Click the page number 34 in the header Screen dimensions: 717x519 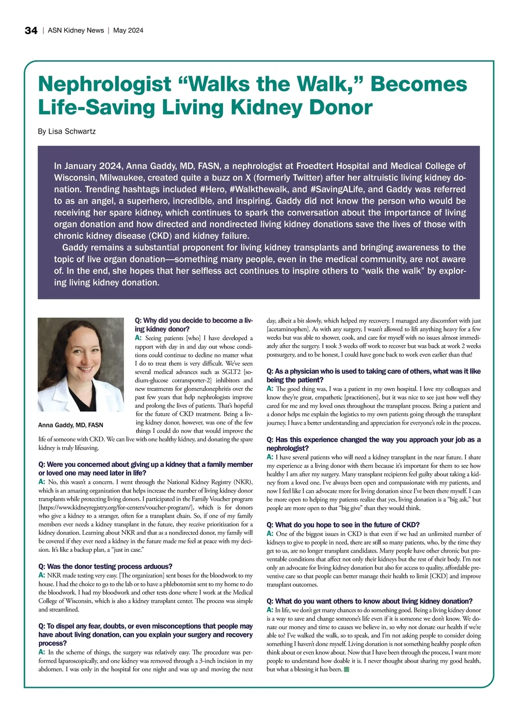pos(31,30)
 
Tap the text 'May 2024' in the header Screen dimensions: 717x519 pos(128,30)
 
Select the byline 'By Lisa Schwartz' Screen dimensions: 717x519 pos(67,131)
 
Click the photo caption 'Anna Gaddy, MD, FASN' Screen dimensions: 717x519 pos(70,425)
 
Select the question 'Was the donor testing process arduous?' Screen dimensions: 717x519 pos(105,566)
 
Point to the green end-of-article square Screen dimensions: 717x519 pos(346,669)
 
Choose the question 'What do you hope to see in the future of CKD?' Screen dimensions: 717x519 pos(343,525)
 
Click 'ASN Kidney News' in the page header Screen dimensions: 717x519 pos(76,30)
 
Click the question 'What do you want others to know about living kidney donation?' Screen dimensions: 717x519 pos(369,601)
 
